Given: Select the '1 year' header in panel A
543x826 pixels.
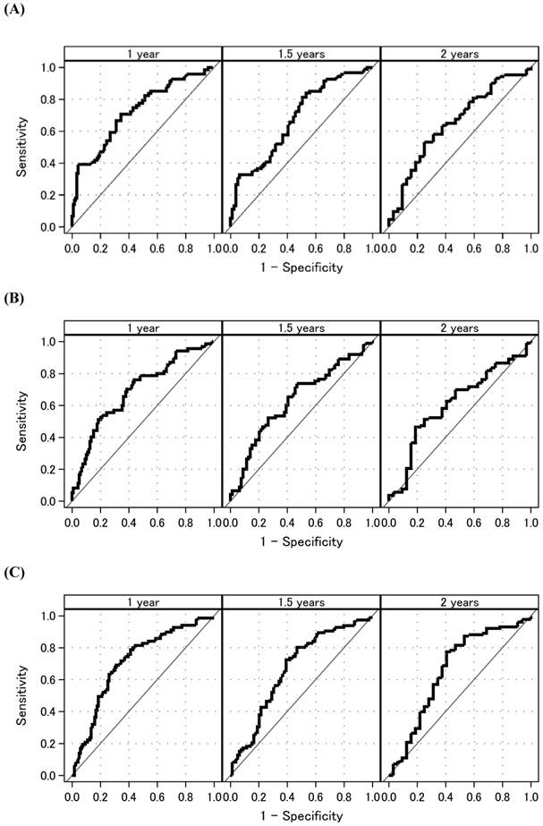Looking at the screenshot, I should click(143, 54).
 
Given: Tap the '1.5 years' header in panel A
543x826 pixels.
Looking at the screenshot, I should click(301, 54).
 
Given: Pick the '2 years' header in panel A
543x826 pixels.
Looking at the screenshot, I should click(460, 54).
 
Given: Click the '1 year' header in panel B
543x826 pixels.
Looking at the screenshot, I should click(143, 328).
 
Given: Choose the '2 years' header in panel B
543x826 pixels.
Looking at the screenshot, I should click(460, 328).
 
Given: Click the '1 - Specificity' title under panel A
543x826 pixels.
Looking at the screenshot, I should click(301, 268).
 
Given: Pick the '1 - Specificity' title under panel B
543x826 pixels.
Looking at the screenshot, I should click(301, 541).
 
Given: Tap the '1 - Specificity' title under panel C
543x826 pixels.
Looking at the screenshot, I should click(301, 815).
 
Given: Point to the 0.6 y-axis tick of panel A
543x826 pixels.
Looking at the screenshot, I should click(47, 132).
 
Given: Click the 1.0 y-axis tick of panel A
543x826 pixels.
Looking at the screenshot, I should click(47, 67).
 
